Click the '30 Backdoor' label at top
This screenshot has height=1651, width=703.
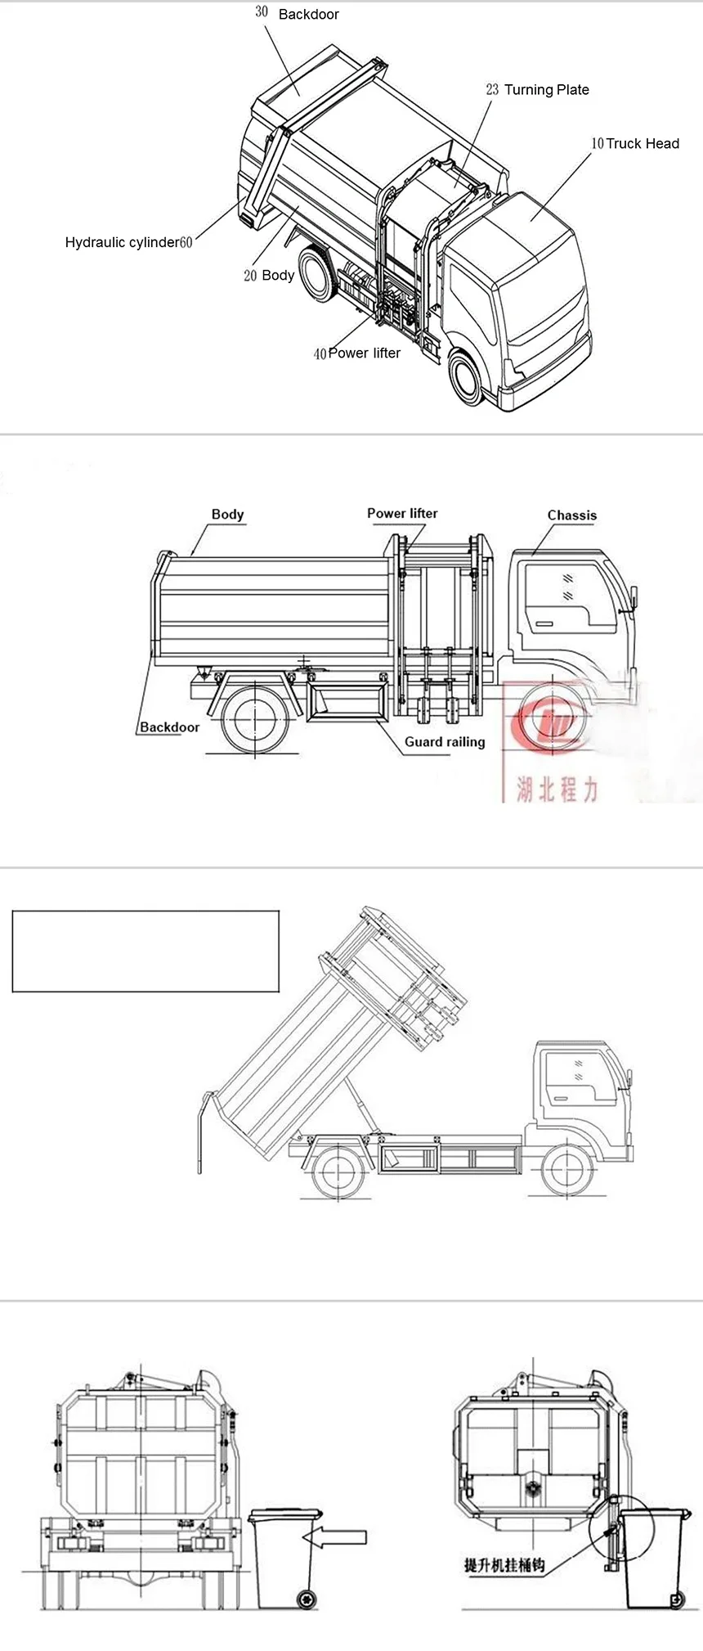point(298,14)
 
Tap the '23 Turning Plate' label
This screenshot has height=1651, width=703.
point(537,90)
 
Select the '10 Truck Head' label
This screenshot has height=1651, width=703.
point(635,144)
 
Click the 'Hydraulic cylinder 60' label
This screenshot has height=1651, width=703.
point(128,242)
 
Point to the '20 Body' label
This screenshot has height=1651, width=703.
point(269,276)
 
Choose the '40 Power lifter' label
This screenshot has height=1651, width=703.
point(357,353)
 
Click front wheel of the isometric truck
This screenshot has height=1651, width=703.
point(466,377)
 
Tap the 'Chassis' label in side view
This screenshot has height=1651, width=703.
point(571,515)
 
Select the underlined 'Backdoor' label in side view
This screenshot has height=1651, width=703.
point(169,727)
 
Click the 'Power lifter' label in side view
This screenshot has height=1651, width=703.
point(402,514)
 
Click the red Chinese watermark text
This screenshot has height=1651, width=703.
point(557,789)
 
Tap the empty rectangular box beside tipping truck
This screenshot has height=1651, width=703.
point(146,951)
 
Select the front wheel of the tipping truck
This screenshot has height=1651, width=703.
point(566,1171)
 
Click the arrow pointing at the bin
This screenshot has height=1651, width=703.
point(334,1538)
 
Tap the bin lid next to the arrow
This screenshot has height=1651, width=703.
point(285,1514)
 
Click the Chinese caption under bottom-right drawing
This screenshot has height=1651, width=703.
point(504,1565)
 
